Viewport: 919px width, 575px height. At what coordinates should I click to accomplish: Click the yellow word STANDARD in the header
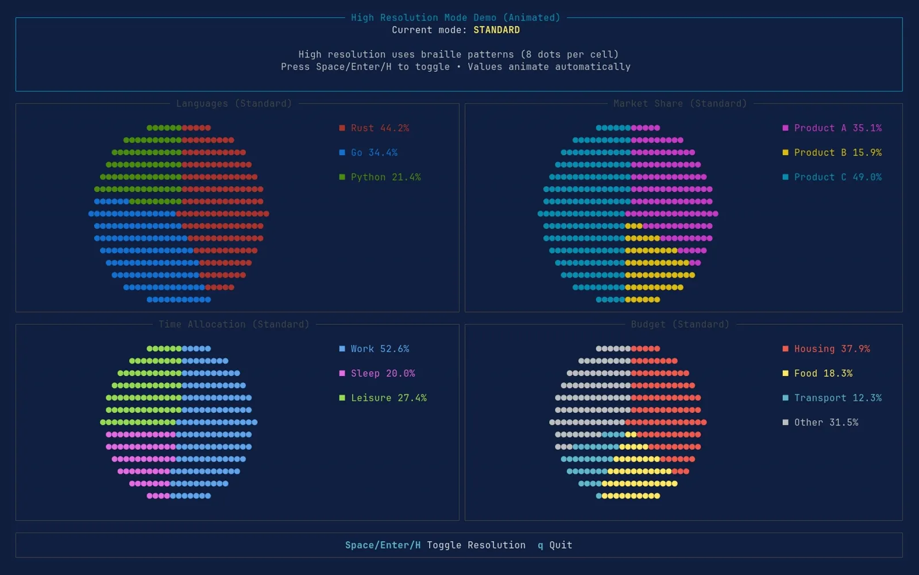tap(496, 30)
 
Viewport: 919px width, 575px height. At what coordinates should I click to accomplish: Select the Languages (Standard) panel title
tap(234, 103)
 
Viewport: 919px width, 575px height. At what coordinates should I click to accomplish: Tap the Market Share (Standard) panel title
tap(680, 103)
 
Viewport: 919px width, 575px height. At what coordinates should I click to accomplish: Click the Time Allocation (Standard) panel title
tap(234, 324)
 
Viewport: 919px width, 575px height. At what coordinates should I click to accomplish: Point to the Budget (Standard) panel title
tap(680, 324)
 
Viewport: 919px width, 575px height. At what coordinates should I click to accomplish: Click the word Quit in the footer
tap(561, 545)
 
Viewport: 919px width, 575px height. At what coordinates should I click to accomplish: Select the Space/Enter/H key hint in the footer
tap(383, 545)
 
